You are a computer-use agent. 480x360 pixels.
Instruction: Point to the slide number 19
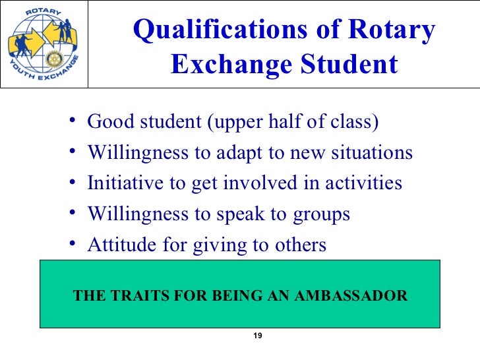258,336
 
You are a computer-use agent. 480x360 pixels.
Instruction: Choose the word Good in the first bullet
107,123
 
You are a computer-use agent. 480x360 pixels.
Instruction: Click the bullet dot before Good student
71,121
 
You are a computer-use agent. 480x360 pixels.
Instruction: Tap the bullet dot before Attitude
71,244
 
